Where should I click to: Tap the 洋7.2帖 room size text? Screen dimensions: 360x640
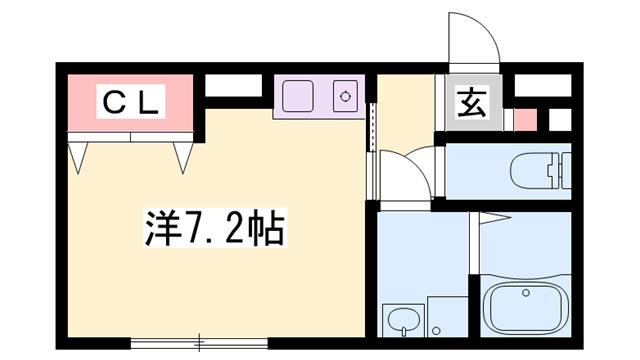pos(211,231)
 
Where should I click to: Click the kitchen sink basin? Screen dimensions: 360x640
pos(298,97)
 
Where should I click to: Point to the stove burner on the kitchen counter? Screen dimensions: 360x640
pos(346,97)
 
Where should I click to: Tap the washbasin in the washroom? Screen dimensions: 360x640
pos(402,321)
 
